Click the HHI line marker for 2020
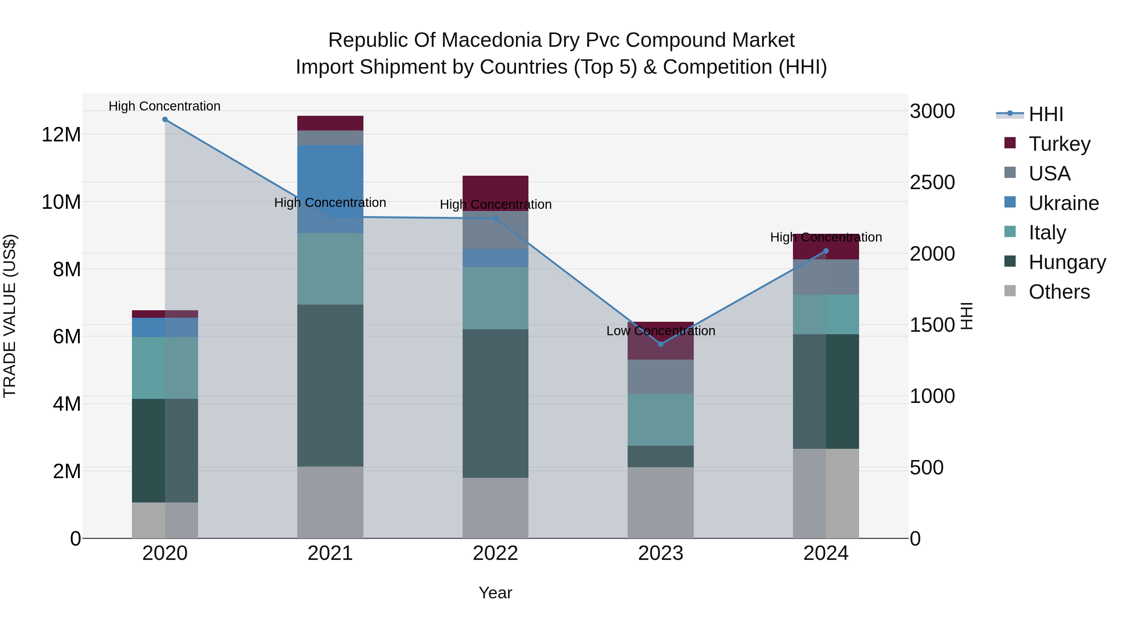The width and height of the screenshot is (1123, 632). pos(165,120)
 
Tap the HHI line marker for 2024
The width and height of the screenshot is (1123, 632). pos(826,251)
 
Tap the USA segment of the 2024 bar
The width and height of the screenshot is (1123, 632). pos(826,277)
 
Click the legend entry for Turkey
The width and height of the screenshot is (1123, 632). pos(1059,144)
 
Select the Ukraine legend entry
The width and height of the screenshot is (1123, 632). pos(1063,203)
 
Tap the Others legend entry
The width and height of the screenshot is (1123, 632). pos(1059,292)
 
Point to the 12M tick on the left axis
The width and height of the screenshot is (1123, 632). pos(61,134)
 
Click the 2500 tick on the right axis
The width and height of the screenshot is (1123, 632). pos(932,182)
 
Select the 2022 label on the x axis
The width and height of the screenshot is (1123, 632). pos(495,553)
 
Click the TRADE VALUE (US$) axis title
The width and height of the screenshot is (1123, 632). pos(10,316)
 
